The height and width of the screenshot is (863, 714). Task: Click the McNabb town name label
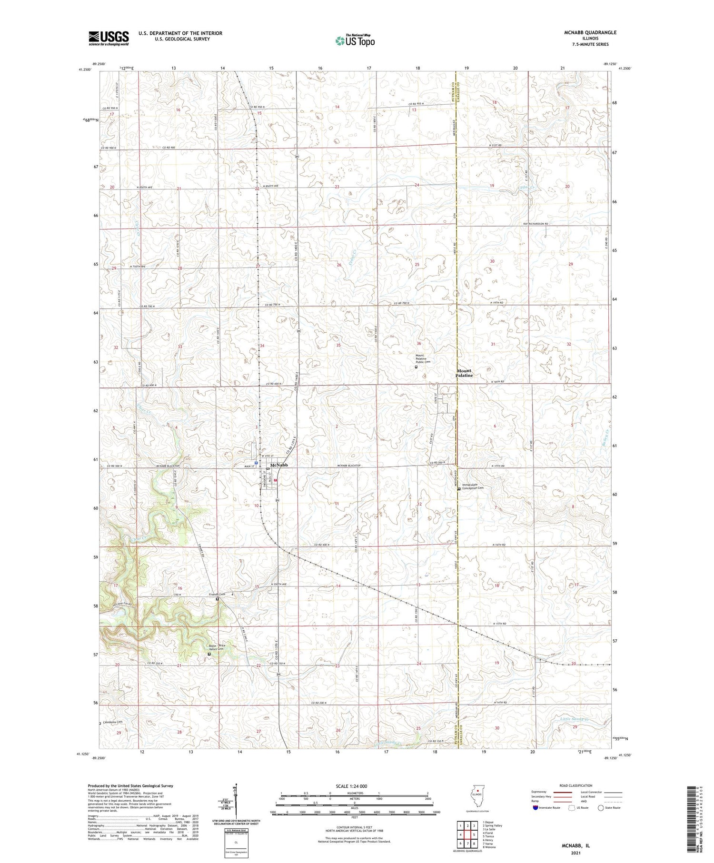click(279, 465)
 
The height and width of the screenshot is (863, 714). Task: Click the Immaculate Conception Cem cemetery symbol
click(459, 489)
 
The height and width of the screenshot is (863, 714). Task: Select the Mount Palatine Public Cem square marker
click(416, 367)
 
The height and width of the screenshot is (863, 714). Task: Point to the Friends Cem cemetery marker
click(218, 599)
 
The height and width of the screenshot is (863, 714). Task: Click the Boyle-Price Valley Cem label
click(217, 647)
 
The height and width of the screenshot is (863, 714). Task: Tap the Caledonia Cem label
click(113, 722)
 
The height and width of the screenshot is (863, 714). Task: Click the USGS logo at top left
click(109, 38)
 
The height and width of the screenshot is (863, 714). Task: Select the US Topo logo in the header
click(355, 40)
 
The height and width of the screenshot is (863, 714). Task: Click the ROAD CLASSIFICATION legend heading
click(576, 785)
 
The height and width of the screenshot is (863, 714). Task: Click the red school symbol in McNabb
click(275, 486)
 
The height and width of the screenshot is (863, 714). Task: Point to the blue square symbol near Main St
click(256, 462)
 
